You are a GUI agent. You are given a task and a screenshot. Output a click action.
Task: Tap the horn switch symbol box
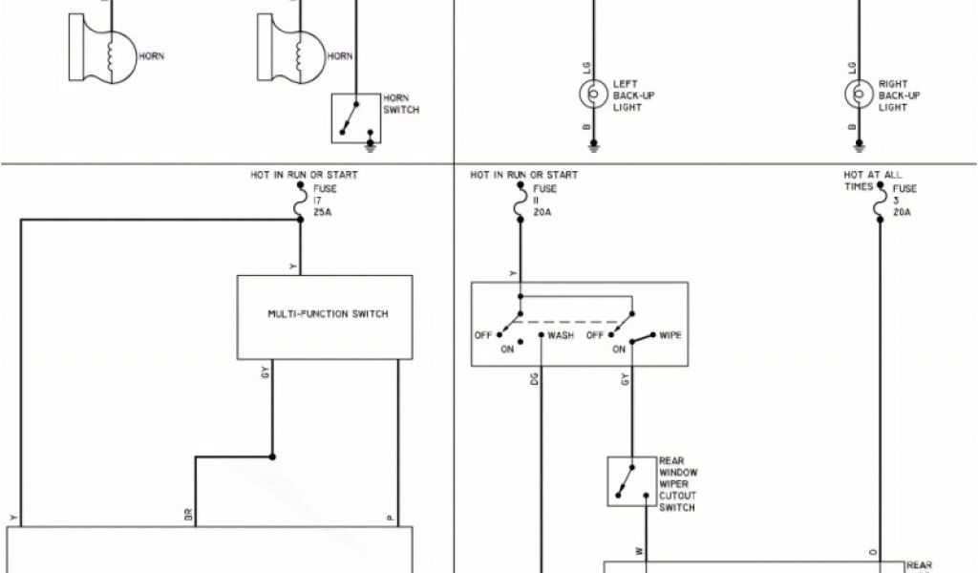pos(354,118)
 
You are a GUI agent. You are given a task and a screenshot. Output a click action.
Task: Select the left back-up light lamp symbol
pos(593,95)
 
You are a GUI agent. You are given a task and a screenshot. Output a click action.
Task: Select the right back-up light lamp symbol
pos(858,95)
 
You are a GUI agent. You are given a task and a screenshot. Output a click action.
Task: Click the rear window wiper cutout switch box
pos(631,481)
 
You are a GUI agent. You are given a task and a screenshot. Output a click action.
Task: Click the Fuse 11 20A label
pos(543,202)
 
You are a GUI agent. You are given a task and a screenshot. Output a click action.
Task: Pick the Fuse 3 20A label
pos(904,201)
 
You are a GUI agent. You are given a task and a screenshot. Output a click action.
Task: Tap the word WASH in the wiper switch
pos(561,336)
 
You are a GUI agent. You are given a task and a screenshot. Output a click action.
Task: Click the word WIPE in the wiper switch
pos(670,336)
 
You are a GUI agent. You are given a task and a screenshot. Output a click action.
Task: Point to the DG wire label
pos(534,378)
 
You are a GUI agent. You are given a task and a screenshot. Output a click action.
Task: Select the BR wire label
pos(187,515)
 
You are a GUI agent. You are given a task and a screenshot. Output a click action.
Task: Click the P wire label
pos(390,517)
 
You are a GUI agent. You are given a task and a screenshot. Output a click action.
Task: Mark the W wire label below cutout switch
pos(639,551)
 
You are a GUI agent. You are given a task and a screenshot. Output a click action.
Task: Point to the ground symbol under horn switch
pos(369,147)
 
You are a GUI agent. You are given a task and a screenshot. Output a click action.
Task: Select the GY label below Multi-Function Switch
pos(265,371)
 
